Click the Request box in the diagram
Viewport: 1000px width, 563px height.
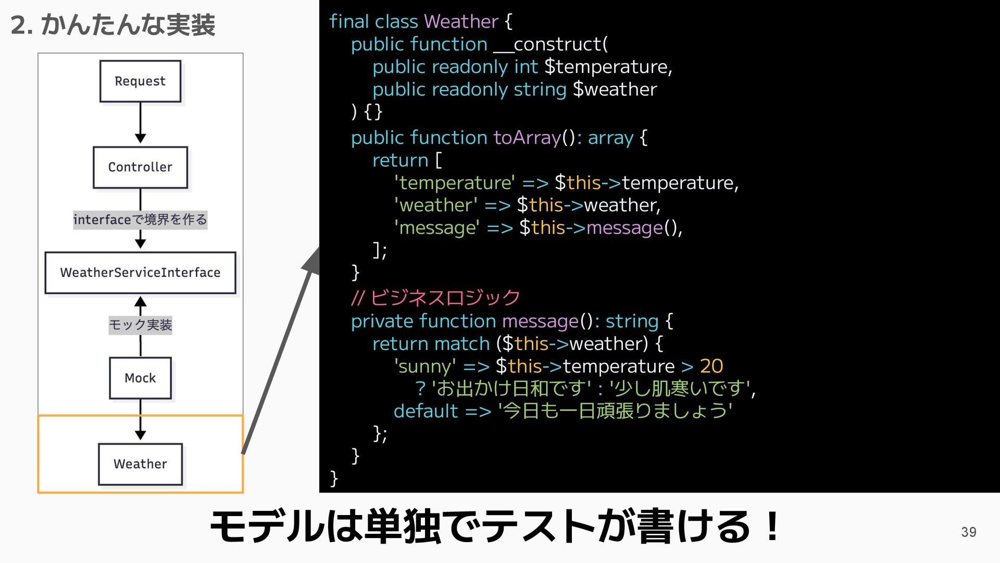pyautogui.click(x=140, y=81)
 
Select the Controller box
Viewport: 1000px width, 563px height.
pyautogui.click(x=140, y=167)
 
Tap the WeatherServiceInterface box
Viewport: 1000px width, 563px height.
pyautogui.click(x=140, y=273)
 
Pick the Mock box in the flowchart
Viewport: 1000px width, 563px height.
pyautogui.click(x=140, y=378)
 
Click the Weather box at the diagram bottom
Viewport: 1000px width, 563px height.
pyautogui.click(x=140, y=464)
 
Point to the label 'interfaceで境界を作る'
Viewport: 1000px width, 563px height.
pyautogui.click(x=140, y=219)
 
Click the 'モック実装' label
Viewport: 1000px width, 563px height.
pyautogui.click(x=140, y=325)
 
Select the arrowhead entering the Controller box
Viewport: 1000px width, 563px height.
pyautogui.click(x=140, y=138)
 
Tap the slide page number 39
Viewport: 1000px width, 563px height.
pyautogui.click(x=968, y=532)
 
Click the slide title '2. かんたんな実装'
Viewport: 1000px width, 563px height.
pyautogui.click(x=113, y=25)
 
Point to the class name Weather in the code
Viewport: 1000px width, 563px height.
pyautogui.click(x=461, y=21)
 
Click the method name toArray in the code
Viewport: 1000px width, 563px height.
pyautogui.click(x=527, y=138)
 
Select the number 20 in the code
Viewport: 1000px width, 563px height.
pyautogui.click(x=711, y=366)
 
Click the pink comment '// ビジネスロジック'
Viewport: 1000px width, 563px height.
pyautogui.click(x=435, y=298)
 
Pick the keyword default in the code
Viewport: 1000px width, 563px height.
pyautogui.click(x=426, y=411)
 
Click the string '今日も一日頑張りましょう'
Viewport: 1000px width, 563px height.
pyautogui.click(x=615, y=411)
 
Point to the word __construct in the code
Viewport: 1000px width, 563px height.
pyautogui.click(x=550, y=44)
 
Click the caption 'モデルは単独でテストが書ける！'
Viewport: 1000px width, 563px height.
pyautogui.click(x=495, y=527)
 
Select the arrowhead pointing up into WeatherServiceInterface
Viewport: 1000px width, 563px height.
pyautogui.click(x=140, y=302)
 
